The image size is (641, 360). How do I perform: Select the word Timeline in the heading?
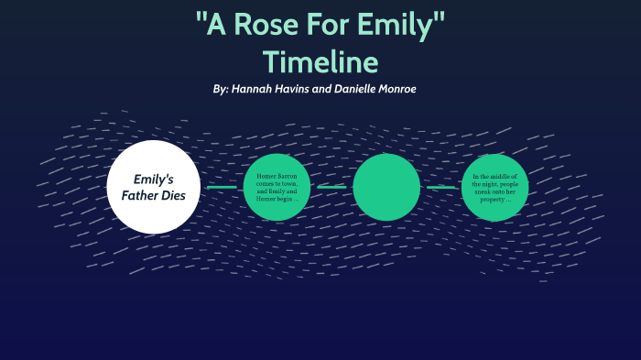coord(320,61)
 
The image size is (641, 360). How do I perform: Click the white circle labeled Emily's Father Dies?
coord(153,187)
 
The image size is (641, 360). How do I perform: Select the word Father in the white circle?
coord(136,195)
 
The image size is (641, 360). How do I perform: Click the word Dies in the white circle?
coord(179,195)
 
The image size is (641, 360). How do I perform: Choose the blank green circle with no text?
coord(386,187)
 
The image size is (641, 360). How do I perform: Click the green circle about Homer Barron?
coord(277,187)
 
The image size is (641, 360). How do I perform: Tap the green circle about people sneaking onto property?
coord(495,187)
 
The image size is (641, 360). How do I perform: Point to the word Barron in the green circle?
coord(289,174)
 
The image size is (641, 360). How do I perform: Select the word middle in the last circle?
coord(502,174)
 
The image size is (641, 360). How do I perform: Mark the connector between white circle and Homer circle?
coord(221,187)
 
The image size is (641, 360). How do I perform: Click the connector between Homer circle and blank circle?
coord(331,187)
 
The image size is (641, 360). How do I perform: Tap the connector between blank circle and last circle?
coord(440,187)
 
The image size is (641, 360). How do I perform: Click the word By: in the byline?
coord(220,89)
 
